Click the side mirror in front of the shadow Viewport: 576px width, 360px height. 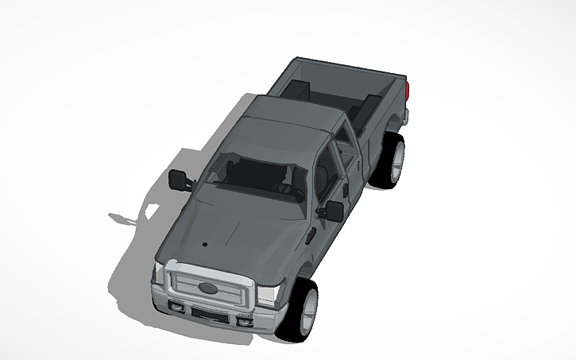click(180, 180)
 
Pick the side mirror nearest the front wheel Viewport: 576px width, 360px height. click(334, 211)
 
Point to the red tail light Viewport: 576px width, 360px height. click(408, 89)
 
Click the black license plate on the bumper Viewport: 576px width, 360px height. click(208, 314)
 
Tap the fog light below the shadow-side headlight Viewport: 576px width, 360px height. click(177, 306)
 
